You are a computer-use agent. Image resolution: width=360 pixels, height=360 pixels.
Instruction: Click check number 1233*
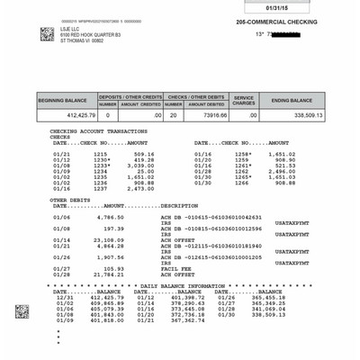103,166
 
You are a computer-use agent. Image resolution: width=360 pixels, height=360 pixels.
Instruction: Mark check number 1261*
244,166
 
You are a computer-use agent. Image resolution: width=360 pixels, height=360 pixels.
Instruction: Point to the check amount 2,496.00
281,171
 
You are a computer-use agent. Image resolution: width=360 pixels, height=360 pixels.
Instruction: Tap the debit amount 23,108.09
107,240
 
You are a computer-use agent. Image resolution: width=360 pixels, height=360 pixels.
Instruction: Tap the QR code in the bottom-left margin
22,311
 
